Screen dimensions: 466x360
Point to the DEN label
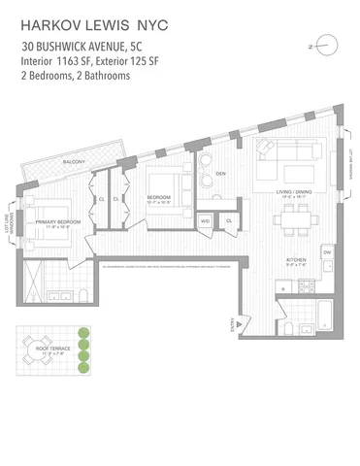point(220,174)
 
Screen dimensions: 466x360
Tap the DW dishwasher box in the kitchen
point(327,252)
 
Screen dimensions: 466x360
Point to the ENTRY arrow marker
point(231,323)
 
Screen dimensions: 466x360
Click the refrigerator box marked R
point(281,288)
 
